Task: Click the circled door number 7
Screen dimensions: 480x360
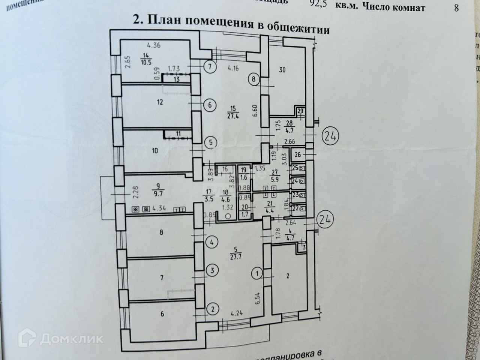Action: coord(210,67)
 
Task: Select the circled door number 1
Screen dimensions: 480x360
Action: coord(257,272)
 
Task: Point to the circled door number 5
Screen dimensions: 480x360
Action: coord(211,142)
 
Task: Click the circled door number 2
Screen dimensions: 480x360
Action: coord(213,309)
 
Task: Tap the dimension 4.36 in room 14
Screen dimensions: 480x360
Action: coord(154,46)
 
